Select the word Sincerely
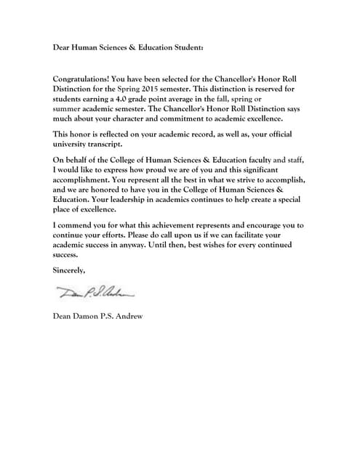[x=69, y=270]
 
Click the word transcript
[x=105, y=145]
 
